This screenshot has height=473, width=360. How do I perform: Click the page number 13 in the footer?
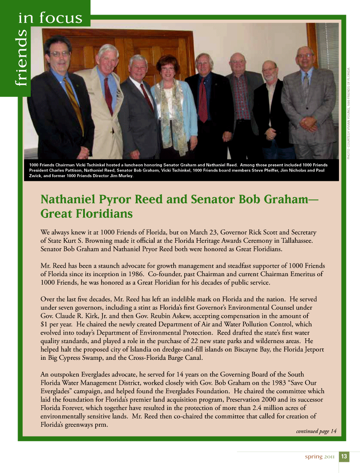[344, 457]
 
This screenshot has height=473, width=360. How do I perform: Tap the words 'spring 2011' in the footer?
[319, 457]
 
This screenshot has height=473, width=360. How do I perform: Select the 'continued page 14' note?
[316, 431]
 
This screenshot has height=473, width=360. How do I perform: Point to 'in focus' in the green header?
[50, 18]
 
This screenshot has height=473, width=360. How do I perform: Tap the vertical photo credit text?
[349, 113]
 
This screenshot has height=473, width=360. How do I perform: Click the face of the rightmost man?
[305, 59]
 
